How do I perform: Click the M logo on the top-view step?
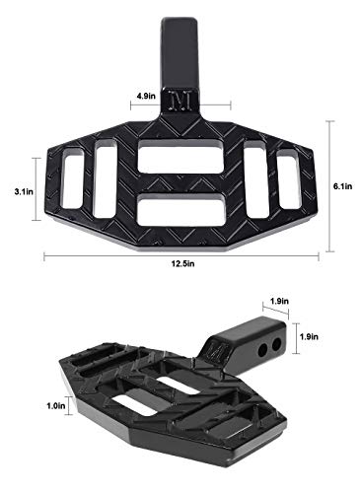[180, 104]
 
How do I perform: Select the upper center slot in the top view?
[180, 154]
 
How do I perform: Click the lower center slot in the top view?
[180, 211]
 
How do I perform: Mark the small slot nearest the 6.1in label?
[289, 181]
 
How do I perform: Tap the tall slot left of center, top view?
[106, 180]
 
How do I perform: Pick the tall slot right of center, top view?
[254, 181]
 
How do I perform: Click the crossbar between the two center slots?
[180, 182]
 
